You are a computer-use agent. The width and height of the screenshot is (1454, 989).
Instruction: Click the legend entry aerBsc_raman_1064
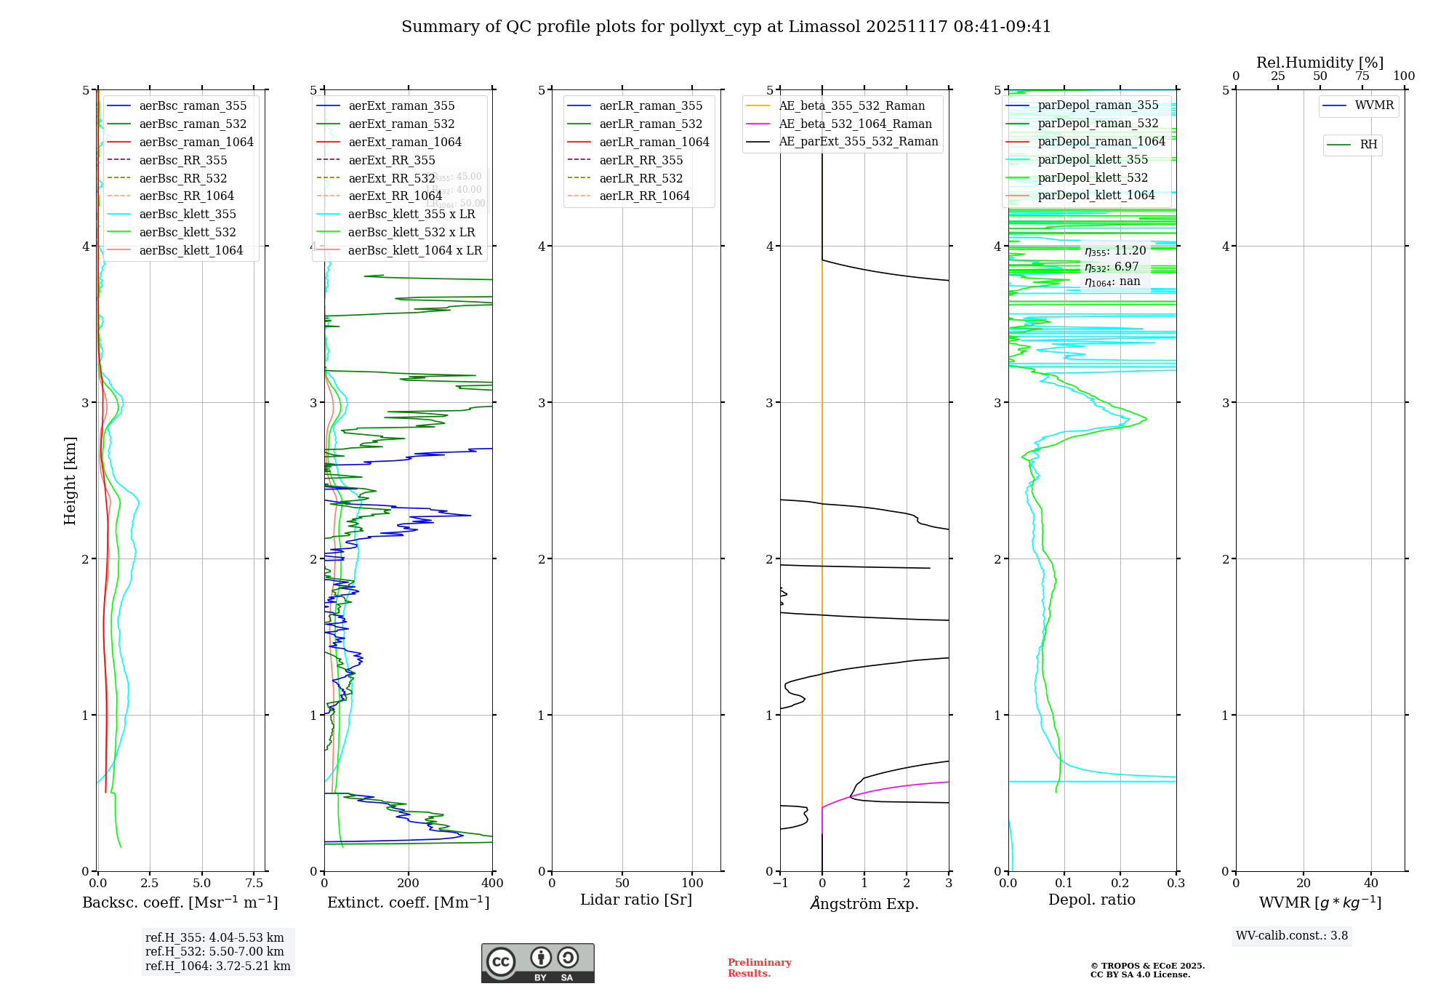196,142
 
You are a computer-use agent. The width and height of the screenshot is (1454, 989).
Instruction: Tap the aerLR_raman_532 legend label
651,124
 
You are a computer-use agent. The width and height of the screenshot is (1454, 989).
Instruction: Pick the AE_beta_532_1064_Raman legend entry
855,124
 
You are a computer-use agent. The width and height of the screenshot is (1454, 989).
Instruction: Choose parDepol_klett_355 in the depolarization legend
1093,159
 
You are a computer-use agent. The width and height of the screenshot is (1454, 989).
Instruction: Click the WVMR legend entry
1374,105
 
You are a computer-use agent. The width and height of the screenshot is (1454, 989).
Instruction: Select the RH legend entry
1368,145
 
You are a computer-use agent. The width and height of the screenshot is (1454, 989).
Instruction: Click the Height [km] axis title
70,481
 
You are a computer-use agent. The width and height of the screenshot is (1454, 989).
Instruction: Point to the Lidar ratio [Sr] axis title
636,900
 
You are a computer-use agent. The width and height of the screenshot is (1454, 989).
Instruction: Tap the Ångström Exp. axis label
864,904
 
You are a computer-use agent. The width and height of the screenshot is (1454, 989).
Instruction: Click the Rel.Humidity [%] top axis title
1320,63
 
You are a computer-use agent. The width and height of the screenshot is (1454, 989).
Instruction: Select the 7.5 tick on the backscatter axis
254,883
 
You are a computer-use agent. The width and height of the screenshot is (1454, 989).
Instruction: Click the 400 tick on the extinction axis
492,883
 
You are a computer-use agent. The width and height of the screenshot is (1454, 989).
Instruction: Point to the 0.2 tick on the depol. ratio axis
1120,883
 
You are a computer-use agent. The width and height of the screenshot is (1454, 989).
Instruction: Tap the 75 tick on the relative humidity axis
1362,76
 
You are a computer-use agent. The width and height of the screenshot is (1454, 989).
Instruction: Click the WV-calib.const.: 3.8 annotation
1292,936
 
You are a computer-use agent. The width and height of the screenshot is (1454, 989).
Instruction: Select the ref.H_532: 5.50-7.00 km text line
214,952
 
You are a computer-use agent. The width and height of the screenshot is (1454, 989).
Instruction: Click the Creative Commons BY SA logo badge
538,964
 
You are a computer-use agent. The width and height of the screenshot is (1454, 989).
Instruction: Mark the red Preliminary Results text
759,968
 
